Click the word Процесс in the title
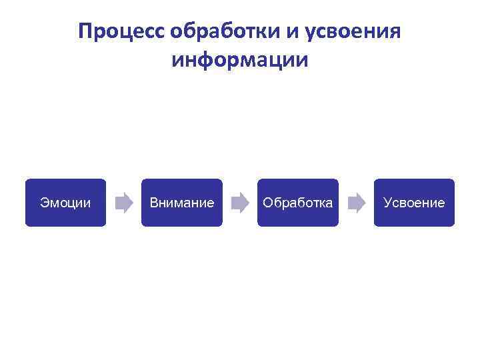point(121,31)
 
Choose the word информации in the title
point(240,61)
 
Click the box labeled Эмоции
point(65,203)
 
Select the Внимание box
point(181,203)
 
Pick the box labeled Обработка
point(297,203)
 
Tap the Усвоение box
point(414,203)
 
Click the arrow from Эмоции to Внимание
point(124,203)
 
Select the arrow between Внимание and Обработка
point(239,203)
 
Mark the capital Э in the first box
point(44,203)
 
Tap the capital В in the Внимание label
point(154,203)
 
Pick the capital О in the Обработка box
point(267,203)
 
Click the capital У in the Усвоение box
point(387,203)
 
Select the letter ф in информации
point(204,61)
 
